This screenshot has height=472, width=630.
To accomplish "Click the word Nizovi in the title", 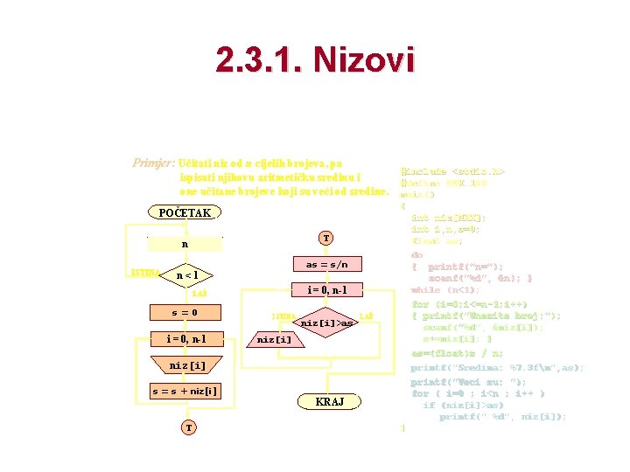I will pos(360,60).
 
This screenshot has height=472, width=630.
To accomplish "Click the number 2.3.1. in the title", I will pos(257,60).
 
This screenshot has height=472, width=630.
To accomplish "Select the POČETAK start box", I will pos(184,212).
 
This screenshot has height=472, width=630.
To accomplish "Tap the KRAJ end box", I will pos(330,401).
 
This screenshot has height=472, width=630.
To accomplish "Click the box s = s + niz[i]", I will pos(185,391).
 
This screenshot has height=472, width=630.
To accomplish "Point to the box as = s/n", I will pos(325,264).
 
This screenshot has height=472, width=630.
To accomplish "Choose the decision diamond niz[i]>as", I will pos(325,323).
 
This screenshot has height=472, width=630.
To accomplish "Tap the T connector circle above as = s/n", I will pos(325,238).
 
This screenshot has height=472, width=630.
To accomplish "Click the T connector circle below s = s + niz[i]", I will pos(188,427).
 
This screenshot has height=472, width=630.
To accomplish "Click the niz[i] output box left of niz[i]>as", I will pos(274,339).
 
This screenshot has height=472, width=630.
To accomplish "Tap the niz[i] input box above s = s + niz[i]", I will pos(185,365).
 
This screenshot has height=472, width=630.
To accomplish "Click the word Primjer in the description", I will pos(151,163).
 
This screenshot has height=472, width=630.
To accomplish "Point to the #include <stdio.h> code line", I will pos(452,172).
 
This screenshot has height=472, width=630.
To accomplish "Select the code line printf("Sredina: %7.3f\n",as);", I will pos(496,368).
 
